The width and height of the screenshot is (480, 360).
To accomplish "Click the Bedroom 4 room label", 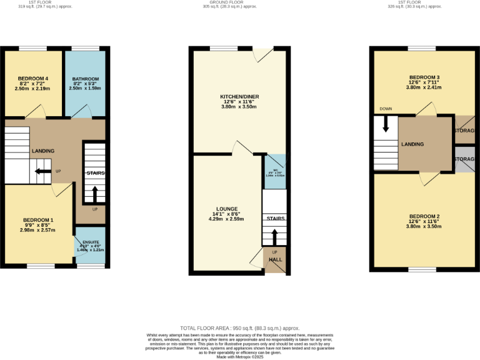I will [32, 79].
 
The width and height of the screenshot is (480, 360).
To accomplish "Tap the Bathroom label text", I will [85, 79].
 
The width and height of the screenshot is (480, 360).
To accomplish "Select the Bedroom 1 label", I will [37, 220].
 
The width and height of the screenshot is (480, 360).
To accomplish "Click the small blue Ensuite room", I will [90, 245].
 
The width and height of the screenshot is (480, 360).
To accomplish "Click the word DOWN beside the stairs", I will [386, 109].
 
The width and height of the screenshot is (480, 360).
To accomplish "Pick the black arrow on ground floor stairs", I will [274, 236].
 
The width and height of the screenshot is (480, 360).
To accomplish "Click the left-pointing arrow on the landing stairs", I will [42, 171].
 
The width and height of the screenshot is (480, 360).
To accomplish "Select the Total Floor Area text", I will [240, 328].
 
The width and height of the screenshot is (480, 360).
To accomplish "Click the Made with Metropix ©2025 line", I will [240, 356].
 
